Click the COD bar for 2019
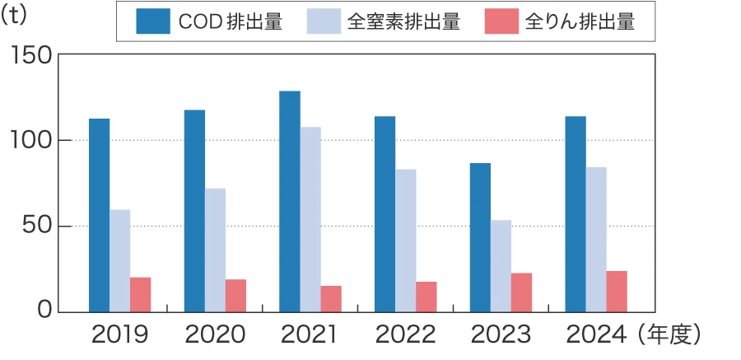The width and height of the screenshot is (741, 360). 99,215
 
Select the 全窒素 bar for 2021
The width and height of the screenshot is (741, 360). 310,219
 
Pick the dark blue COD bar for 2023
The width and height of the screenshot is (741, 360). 480,237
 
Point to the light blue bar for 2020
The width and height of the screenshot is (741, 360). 215,250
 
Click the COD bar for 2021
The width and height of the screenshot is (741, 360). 290,201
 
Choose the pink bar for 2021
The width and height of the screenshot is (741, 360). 331,299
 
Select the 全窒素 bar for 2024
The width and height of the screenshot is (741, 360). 596,240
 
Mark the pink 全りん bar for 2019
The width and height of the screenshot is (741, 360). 141,295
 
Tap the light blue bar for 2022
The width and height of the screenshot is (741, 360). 405,241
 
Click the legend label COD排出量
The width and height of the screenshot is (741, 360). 230,23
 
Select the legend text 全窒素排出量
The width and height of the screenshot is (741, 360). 403,23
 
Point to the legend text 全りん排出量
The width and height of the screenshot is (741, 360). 580,23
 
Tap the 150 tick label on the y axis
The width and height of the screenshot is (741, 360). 32,54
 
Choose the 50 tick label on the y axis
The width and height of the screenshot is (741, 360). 38,227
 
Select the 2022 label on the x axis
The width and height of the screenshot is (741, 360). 405,335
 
